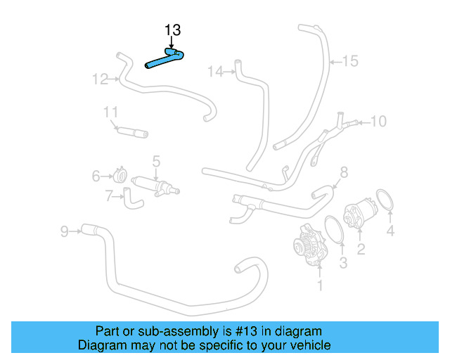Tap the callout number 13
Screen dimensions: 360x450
172,30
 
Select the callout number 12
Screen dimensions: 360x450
101,79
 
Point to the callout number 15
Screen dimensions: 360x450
349,61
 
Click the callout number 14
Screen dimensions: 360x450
215,71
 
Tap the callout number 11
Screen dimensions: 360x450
110,112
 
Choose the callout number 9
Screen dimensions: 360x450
64,231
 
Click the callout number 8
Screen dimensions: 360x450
343,172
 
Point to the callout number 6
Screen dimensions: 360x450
96,176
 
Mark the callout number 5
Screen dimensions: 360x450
156,161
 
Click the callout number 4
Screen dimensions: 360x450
390,230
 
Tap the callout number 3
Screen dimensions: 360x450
343,264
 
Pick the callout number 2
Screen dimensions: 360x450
361,248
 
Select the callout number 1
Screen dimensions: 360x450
320,285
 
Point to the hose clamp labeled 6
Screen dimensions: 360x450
120,174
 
